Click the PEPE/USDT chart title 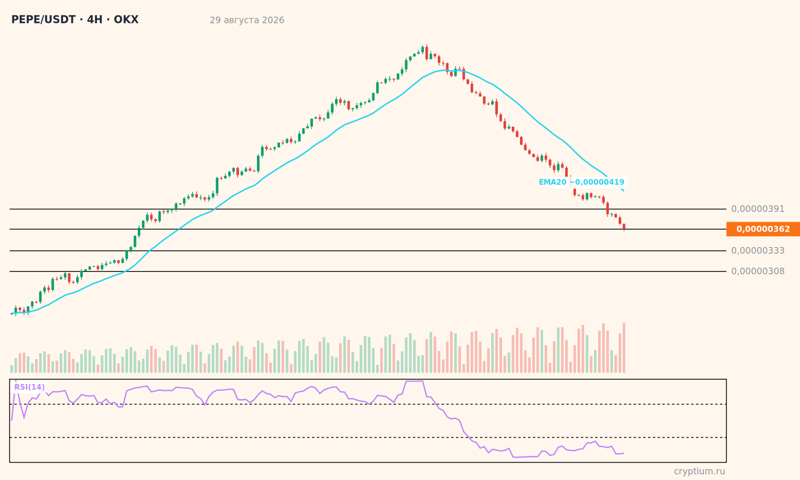pos(75,20)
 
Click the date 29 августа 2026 pos(247,20)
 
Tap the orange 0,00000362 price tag pos(763,229)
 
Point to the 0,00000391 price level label pos(758,209)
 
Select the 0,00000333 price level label pos(758,251)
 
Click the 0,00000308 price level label pos(758,272)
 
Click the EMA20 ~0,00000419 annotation pos(582,182)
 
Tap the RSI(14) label pos(30,387)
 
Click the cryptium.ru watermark pos(699,472)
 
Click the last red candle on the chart pos(624,227)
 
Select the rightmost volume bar pos(624,348)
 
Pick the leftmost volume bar pos(12,369)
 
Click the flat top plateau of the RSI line pos(414,381)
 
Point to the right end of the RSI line pos(624,453)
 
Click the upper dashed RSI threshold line pos(368,404)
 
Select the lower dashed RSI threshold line pos(368,438)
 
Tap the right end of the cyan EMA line pos(624,191)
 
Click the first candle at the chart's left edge pos(12,313)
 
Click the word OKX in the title pos(126,20)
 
